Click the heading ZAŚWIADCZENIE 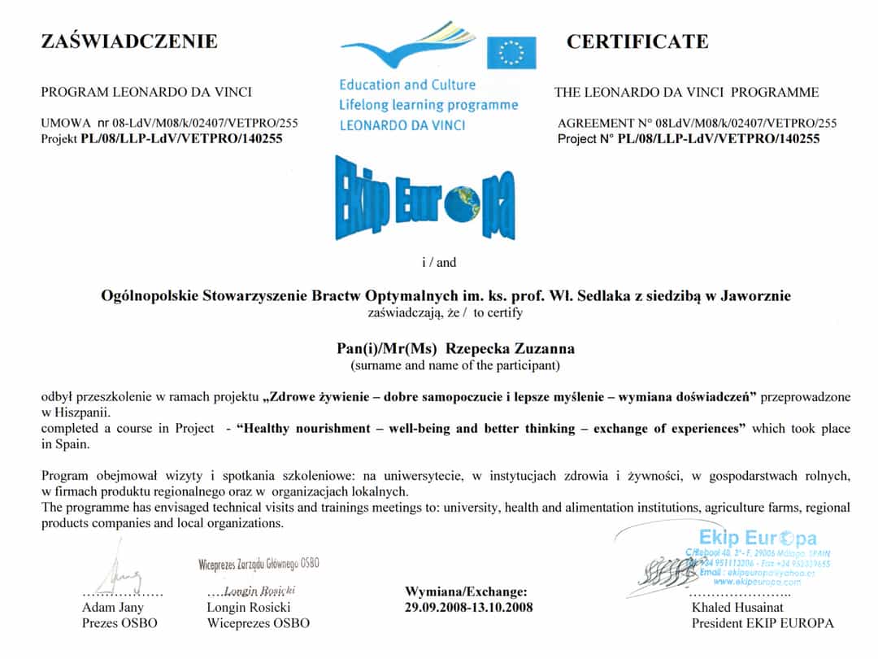129,41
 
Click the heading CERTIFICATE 637,41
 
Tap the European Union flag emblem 511,53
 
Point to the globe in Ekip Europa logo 468,204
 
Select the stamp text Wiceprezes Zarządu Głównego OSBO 259,563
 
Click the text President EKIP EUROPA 763,623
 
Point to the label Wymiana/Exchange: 466,591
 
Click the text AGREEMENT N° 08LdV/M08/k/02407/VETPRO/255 697,124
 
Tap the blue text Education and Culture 407,85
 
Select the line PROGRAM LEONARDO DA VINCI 146,92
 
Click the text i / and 439,262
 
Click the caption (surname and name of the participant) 455,365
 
